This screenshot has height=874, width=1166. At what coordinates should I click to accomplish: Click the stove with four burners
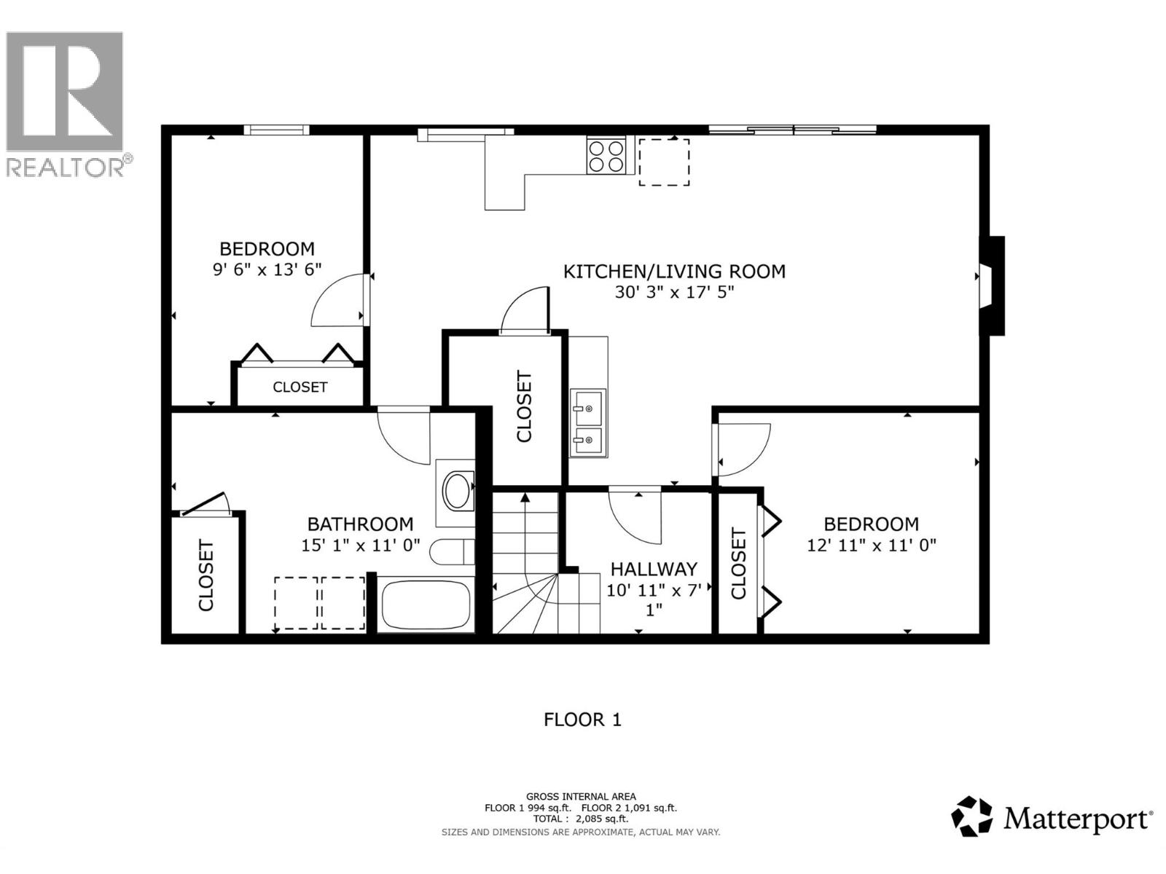coord(606,156)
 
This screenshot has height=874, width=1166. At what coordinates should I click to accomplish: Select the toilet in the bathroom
coord(451,552)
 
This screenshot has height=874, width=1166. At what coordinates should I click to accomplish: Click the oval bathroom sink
coord(458,491)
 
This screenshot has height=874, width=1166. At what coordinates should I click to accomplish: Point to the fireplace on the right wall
coord(992,286)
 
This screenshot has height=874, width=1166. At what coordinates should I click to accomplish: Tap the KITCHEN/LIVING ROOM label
coord(674,272)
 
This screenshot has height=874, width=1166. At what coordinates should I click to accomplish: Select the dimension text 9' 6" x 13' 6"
coord(267,269)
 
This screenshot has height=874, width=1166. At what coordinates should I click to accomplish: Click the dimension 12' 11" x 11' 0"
coord(871,545)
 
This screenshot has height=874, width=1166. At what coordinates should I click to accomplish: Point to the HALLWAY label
coord(654,569)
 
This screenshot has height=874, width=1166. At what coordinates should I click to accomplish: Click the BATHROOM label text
coord(360,524)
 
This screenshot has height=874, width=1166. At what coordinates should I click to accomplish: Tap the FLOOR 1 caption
coord(582,720)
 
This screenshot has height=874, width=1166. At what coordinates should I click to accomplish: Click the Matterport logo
coord(1052,817)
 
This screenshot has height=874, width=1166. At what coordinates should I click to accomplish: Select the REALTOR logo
coord(66,102)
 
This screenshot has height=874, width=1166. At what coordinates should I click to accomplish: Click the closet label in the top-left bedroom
coord(300,387)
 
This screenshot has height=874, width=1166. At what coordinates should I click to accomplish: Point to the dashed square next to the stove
coord(664,162)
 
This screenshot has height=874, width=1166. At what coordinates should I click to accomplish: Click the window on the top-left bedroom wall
coord(276,130)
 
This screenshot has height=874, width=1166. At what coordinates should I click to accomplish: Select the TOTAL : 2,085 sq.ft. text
coord(580,819)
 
